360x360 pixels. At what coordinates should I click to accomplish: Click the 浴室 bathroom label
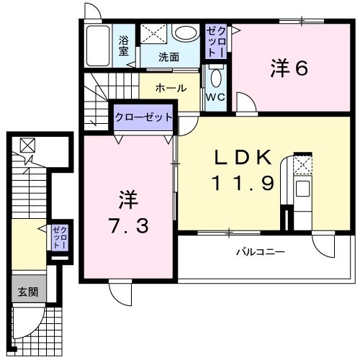123,45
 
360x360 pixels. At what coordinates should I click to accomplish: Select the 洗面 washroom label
169,56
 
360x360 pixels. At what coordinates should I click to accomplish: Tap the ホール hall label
171,88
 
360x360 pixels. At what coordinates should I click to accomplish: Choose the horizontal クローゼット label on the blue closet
144,117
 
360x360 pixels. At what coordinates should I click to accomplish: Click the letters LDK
243,157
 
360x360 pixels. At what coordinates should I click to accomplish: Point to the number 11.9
243,184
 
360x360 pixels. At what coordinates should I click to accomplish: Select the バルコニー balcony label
260,253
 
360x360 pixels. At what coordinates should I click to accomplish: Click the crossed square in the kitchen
304,167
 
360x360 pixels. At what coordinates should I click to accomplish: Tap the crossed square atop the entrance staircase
26,145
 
